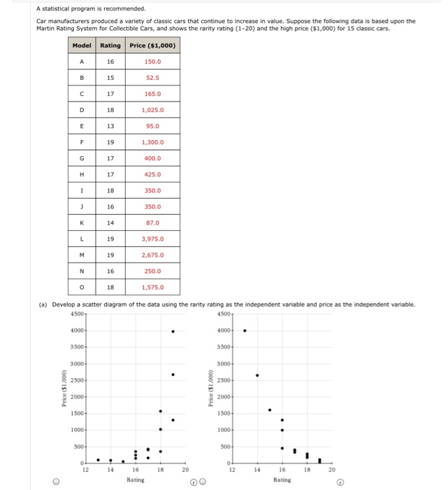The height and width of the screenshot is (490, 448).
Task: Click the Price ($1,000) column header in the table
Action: [152, 45]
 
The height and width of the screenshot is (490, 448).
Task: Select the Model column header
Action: [82, 45]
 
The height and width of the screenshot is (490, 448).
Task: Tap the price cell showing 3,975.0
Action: [152, 239]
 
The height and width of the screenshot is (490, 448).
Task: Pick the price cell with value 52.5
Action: [152, 78]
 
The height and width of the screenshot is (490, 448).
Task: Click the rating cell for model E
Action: [110, 126]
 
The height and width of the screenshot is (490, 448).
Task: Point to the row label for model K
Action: [82, 223]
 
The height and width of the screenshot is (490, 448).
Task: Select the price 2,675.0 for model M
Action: [152, 255]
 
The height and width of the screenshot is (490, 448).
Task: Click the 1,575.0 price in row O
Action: [152, 287]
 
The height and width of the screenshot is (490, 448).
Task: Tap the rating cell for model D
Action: [110, 110]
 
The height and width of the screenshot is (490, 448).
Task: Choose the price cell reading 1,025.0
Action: [152, 110]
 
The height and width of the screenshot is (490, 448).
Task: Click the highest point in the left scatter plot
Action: [173, 331]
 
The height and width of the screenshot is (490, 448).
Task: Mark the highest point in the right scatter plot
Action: [245, 330]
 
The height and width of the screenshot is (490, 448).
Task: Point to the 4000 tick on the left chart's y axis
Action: [78, 330]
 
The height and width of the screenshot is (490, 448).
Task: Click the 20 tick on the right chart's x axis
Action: [332, 471]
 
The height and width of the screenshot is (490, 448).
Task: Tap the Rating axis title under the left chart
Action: [136, 480]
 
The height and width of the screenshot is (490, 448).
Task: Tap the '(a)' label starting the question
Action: [41, 304]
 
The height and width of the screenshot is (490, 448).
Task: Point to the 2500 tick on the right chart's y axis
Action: [224, 380]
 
